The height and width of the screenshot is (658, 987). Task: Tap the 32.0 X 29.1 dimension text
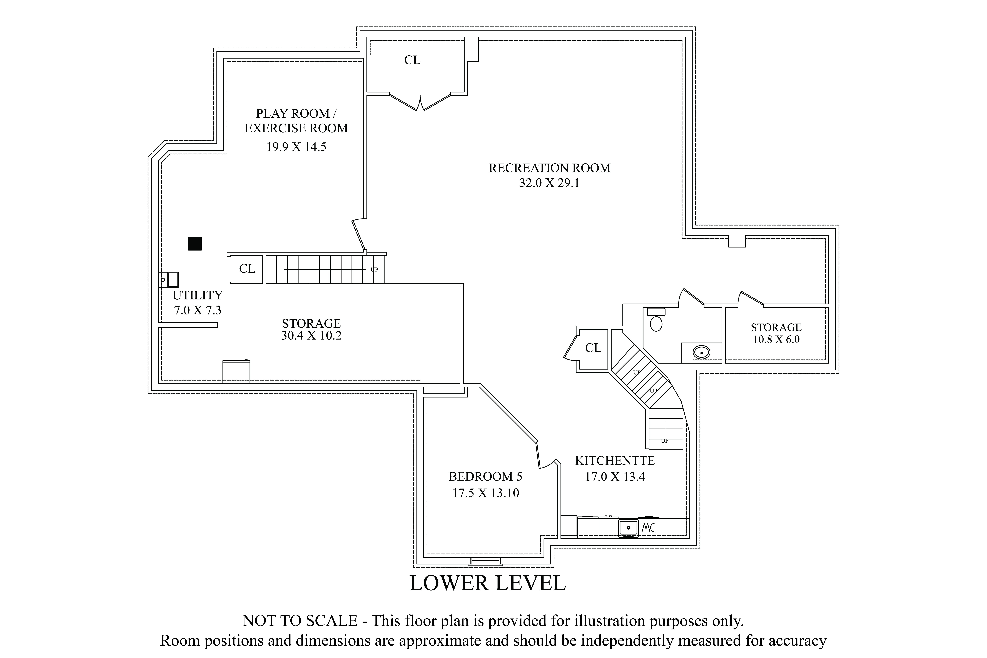click(x=549, y=183)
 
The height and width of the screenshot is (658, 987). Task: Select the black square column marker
click(x=195, y=244)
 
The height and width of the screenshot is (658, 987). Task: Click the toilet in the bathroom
click(x=656, y=320)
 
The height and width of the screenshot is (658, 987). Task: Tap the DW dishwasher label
click(x=648, y=527)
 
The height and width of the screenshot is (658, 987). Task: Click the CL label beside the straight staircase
click(x=247, y=269)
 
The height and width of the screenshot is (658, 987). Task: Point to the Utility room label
click(x=198, y=295)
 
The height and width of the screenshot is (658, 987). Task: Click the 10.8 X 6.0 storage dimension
click(x=776, y=339)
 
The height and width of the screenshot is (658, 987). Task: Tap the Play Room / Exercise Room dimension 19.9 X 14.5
click(x=296, y=147)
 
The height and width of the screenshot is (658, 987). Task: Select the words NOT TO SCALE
click(x=300, y=621)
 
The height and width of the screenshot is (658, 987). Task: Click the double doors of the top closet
click(x=420, y=102)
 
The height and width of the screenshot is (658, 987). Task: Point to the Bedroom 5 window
click(x=485, y=561)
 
